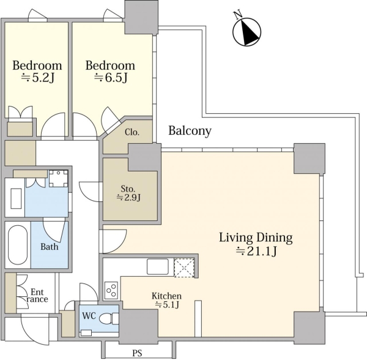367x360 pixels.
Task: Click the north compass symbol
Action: (247, 31)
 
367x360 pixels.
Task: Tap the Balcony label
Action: (190, 130)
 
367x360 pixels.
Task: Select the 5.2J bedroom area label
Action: (38, 78)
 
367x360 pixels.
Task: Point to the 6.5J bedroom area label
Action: (111, 78)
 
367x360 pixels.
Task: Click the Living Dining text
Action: (256, 238)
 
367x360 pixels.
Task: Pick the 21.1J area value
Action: (256, 251)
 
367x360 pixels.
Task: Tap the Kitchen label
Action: (166, 296)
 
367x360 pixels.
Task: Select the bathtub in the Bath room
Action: (18, 245)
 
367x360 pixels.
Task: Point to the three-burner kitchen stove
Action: (111, 290)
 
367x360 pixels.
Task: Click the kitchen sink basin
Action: (158, 266)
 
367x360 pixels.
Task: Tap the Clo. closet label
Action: (132, 132)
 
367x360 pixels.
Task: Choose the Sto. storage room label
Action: (128, 189)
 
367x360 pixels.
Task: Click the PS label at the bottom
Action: (137, 353)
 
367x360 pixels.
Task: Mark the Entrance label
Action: (37, 296)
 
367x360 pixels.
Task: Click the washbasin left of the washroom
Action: (16, 198)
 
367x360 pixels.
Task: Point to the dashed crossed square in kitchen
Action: (184, 268)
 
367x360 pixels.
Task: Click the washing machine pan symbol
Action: (59, 179)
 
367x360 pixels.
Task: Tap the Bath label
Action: (49, 247)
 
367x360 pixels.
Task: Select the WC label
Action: (89, 316)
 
